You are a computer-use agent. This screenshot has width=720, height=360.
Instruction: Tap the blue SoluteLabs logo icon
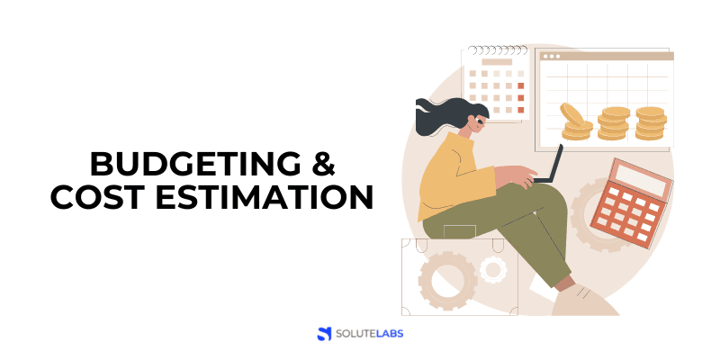click(x=325, y=334)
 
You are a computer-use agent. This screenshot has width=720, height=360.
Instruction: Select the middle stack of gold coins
click(x=615, y=123)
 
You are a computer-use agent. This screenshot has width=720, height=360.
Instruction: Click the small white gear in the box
click(x=492, y=268)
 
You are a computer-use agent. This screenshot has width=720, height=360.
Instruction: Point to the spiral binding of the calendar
click(x=491, y=50)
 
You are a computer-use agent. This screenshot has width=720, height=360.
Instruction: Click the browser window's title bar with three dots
click(x=604, y=56)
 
